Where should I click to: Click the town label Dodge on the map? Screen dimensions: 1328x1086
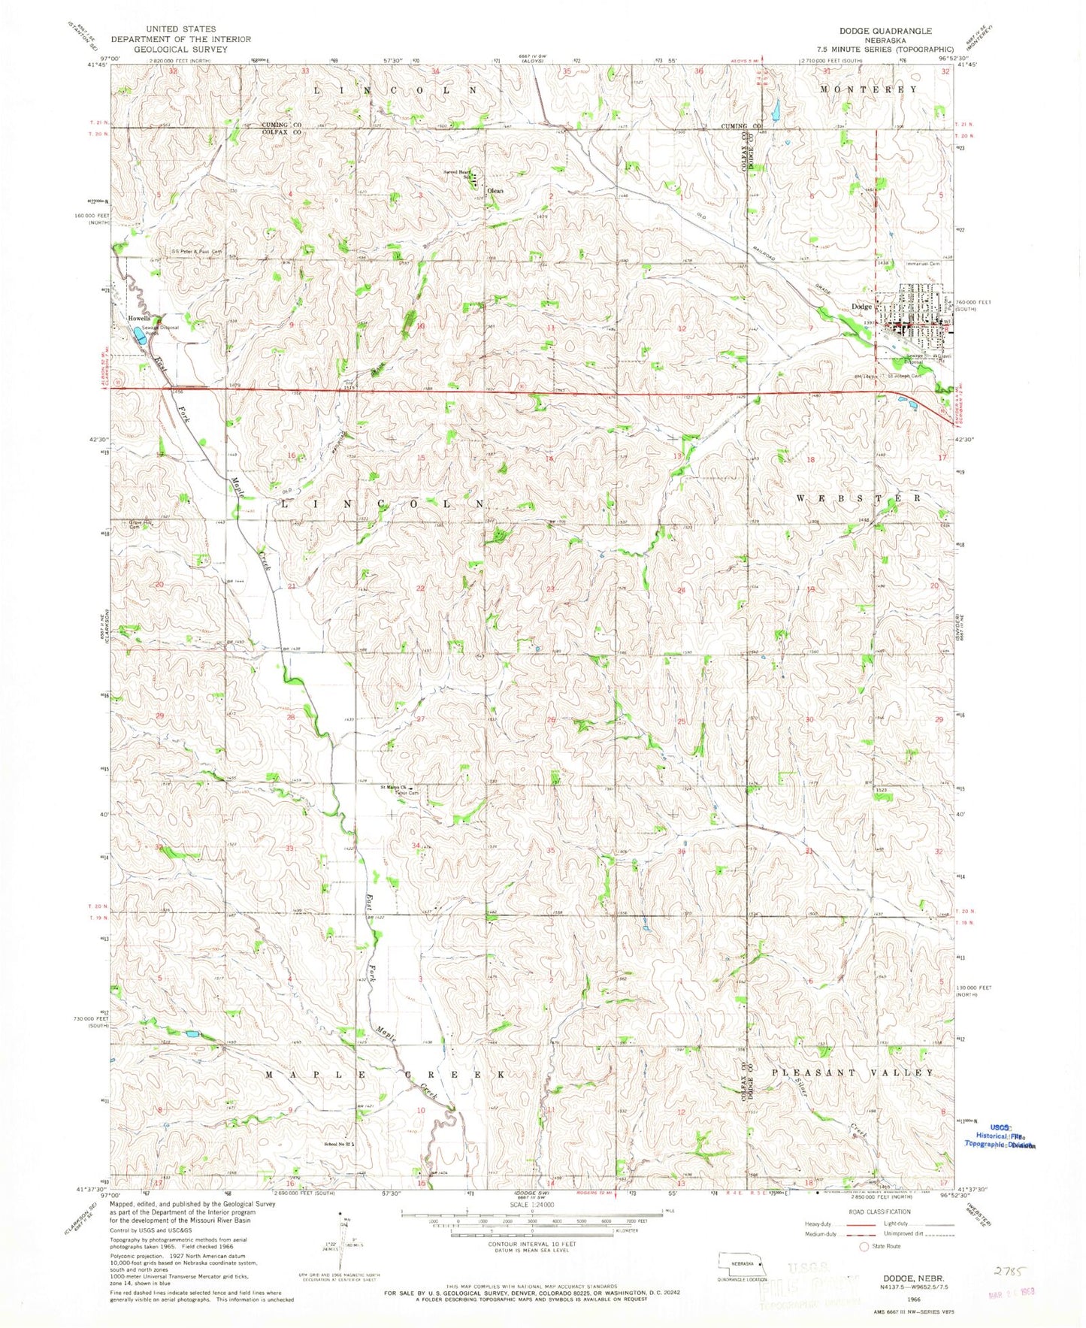pyautogui.click(x=861, y=307)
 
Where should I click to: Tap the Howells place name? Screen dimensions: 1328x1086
pyautogui.click(x=139, y=319)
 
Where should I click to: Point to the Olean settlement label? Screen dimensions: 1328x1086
pyautogui.click(x=495, y=191)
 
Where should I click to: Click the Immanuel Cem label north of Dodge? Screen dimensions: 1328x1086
pyautogui.click(x=924, y=264)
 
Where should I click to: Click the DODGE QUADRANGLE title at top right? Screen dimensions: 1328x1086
pyautogui.click(x=875, y=31)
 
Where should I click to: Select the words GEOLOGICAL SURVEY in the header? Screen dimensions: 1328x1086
pyautogui.click(x=180, y=48)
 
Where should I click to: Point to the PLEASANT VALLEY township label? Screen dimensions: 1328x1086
pyautogui.click(x=854, y=1073)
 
